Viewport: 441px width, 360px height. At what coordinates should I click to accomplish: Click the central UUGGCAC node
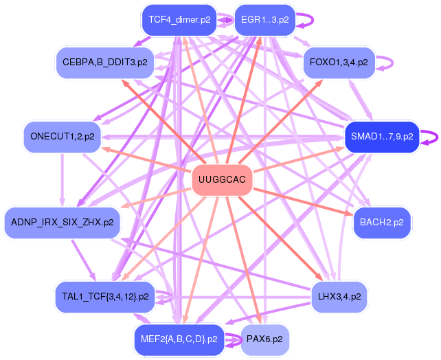220,180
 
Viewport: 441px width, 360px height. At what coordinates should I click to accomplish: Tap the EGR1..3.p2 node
264,20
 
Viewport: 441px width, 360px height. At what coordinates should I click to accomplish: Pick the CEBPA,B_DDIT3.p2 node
105,63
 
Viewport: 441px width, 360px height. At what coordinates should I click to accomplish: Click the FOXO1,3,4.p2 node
339,63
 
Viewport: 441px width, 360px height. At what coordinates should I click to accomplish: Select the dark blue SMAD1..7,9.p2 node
382,136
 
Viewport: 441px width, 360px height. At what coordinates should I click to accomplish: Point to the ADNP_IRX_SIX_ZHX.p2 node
63,222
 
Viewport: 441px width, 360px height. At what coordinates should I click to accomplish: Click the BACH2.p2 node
382,222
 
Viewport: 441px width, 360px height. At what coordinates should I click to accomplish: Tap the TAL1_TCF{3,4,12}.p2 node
105,296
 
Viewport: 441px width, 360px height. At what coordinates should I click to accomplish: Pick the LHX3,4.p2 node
339,296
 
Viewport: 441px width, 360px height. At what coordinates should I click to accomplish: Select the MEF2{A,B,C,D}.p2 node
179,339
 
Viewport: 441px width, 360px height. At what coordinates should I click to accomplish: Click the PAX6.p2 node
264,339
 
